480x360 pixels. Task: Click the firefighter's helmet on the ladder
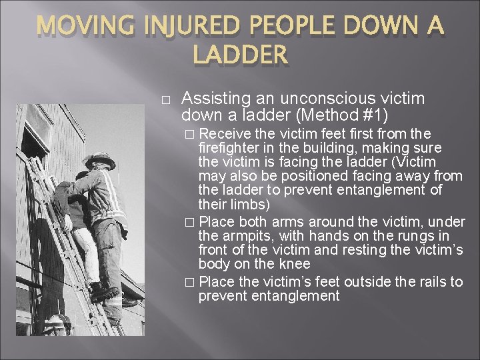pyautogui.click(x=99, y=161)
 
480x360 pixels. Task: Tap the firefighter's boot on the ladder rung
pyautogui.click(x=107, y=294)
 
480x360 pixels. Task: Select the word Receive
pyautogui.click(x=223, y=134)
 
